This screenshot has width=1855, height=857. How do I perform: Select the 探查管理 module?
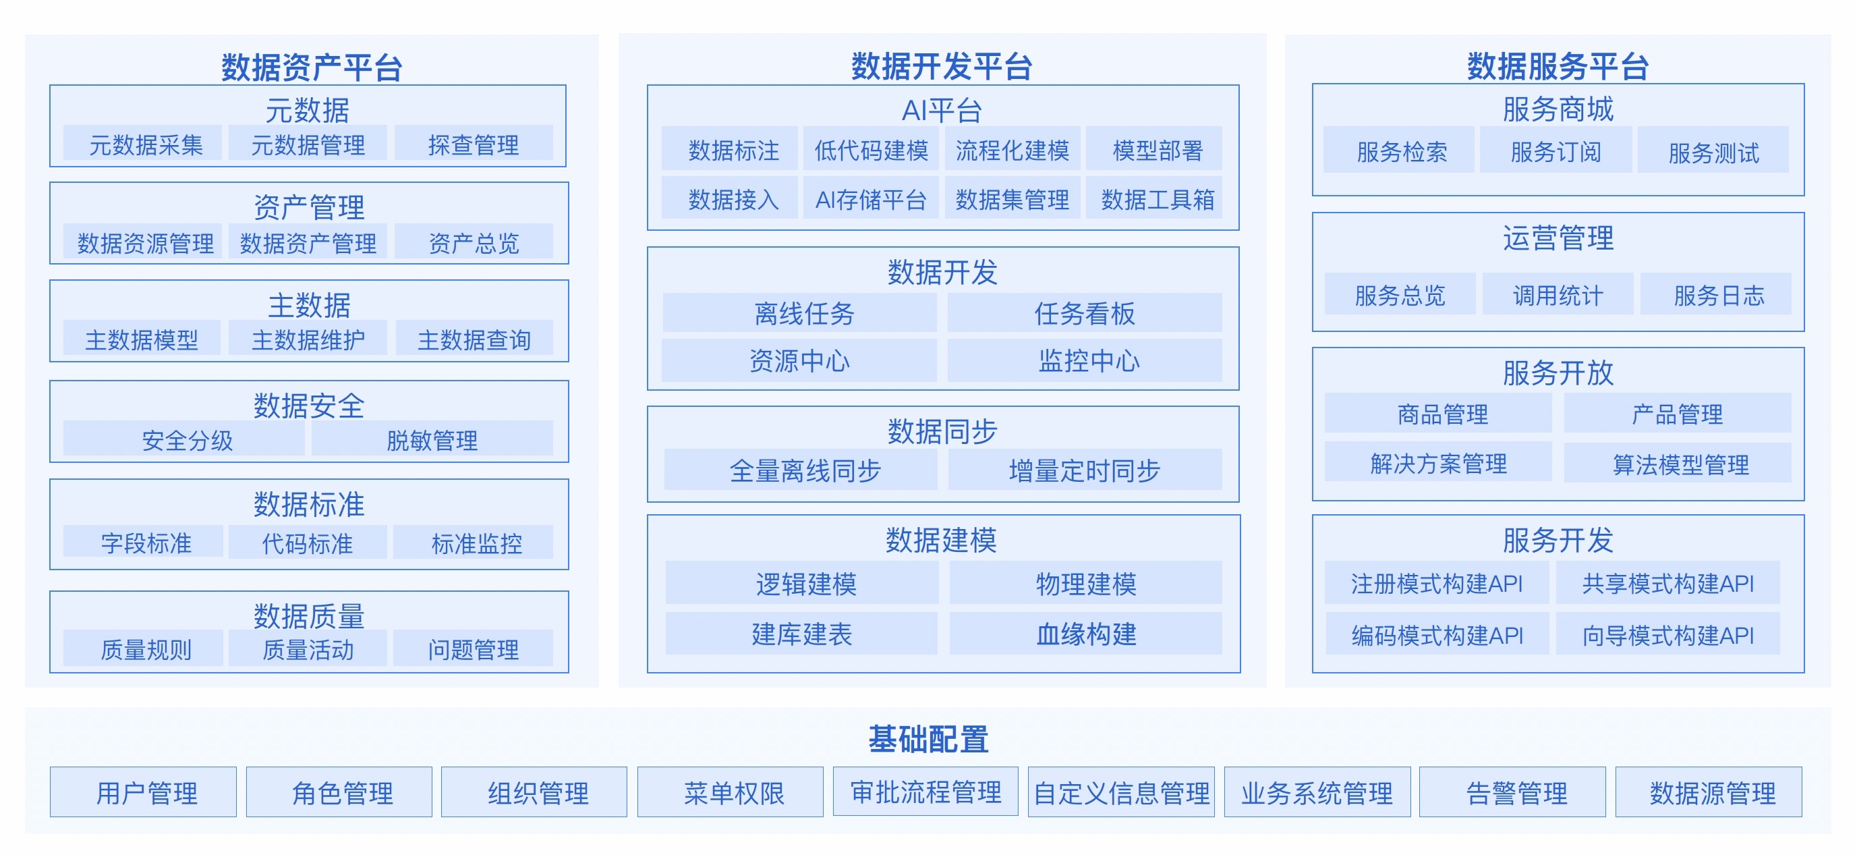(x=473, y=143)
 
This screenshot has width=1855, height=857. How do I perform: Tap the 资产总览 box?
(x=473, y=242)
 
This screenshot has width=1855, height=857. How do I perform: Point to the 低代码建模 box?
(x=871, y=149)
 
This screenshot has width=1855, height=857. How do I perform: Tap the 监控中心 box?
(x=1085, y=360)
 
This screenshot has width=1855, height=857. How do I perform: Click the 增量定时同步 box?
(x=1085, y=470)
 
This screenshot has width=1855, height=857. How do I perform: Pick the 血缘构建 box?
(x=1085, y=633)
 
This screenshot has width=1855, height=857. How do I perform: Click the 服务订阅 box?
(x=1556, y=150)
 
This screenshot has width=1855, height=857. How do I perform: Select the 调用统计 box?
(x=1558, y=294)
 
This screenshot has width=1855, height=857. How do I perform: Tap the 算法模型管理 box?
(x=1677, y=463)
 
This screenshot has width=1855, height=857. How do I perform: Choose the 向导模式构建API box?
(x=1667, y=634)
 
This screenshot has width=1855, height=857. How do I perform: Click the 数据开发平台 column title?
(x=942, y=66)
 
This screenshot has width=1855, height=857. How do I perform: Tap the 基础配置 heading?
(x=927, y=739)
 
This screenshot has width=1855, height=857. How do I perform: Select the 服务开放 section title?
(x=1558, y=373)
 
